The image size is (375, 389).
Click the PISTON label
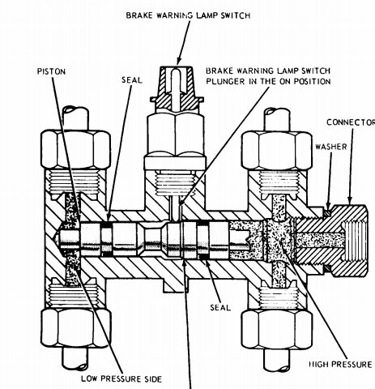(x=51, y=71)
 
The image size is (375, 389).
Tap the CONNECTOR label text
(x=351, y=122)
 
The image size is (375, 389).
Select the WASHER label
(x=331, y=147)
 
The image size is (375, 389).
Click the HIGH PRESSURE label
(x=340, y=365)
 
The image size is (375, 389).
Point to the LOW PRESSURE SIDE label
(x=121, y=378)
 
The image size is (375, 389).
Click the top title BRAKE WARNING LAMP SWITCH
(x=188, y=15)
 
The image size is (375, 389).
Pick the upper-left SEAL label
(x=132, y=80)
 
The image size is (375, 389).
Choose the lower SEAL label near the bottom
(x=220, y=307)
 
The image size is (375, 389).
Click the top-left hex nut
(x=75, y=149)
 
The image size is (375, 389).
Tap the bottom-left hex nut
(x=76, y=329)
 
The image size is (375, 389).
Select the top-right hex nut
(x=277, y=151)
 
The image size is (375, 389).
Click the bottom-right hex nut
(x=277, y=330)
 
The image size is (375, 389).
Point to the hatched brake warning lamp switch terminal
(x=176, y=89)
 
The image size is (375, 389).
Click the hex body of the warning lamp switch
(x=175, y=135)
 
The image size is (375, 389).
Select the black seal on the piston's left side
(x=107, y=240)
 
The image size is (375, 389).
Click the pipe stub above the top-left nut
(x=75, y=118)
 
